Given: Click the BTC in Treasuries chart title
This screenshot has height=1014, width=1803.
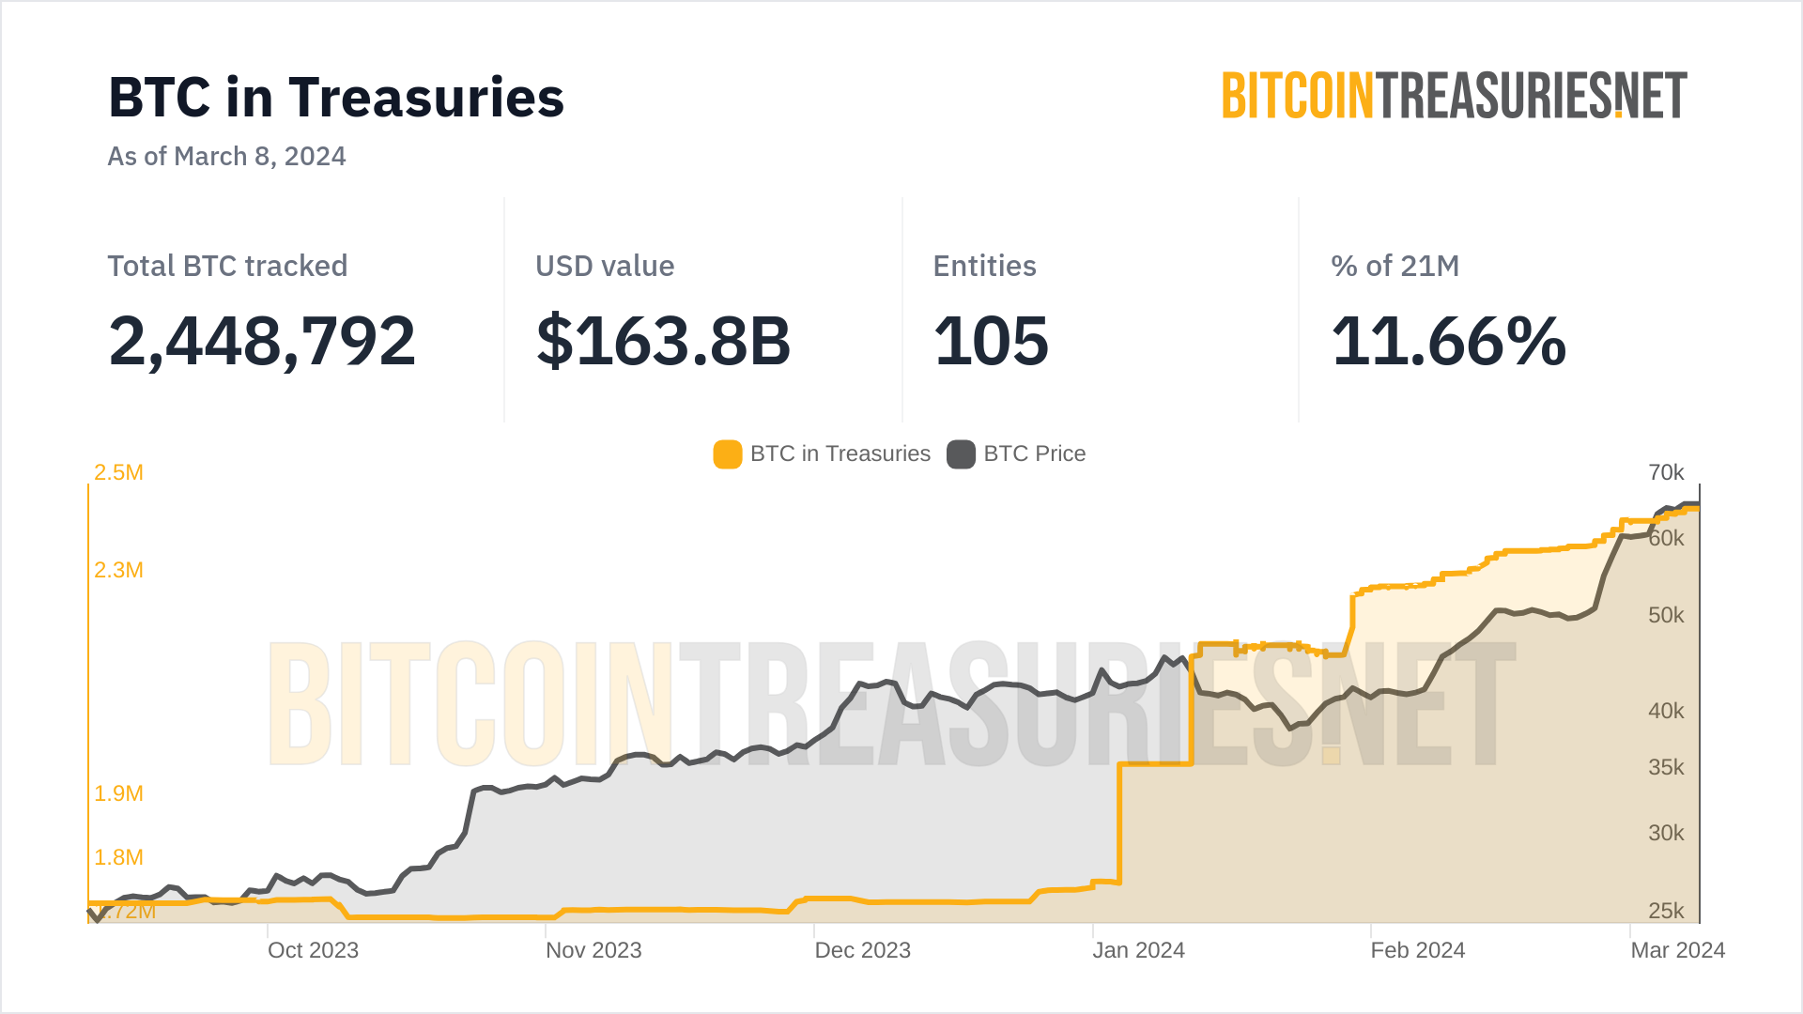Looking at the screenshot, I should [x=336, y=98].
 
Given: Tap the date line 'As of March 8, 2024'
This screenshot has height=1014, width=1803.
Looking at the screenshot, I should [x=226, y=156].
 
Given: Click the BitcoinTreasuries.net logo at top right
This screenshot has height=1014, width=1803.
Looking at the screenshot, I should [x=1454, y=96].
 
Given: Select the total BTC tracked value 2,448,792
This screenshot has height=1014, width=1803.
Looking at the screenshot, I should [x=262, y=341].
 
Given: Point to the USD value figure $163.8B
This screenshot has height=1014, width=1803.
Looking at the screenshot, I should [x=663, y=341].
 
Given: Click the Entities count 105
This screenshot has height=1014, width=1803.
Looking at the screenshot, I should [x=991, y=341].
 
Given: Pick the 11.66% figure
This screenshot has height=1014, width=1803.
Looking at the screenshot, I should [x=1448, y=341].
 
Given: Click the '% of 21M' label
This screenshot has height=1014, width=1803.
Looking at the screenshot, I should [x=1395, y=266].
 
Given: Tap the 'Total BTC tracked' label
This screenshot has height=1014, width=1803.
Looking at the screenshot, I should [x=227, y=266].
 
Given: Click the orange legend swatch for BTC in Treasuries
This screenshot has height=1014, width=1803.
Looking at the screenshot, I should [x=728, y=454].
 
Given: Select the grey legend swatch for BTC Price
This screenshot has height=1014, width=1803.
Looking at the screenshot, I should [x=961, y=454].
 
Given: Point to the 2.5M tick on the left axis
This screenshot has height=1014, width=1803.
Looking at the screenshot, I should [x=118, y=472].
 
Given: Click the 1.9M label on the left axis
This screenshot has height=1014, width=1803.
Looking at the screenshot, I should [x=118, y=793].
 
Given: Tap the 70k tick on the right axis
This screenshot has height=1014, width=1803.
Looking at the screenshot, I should [x=1666, y=472].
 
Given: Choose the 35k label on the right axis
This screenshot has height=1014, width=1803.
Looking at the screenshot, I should [x=1666, y=767].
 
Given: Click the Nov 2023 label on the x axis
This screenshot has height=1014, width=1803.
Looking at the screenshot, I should [x=593, y=950].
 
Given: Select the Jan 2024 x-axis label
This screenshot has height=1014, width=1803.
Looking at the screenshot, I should [x=1138, y=950].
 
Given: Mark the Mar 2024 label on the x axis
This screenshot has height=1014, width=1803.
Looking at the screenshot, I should [x=1677, y=950].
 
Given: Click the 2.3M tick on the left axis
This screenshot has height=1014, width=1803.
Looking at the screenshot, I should [x=118, y=570].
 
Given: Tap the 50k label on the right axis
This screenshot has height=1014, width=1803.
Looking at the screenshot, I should [x=1666, y=615].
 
